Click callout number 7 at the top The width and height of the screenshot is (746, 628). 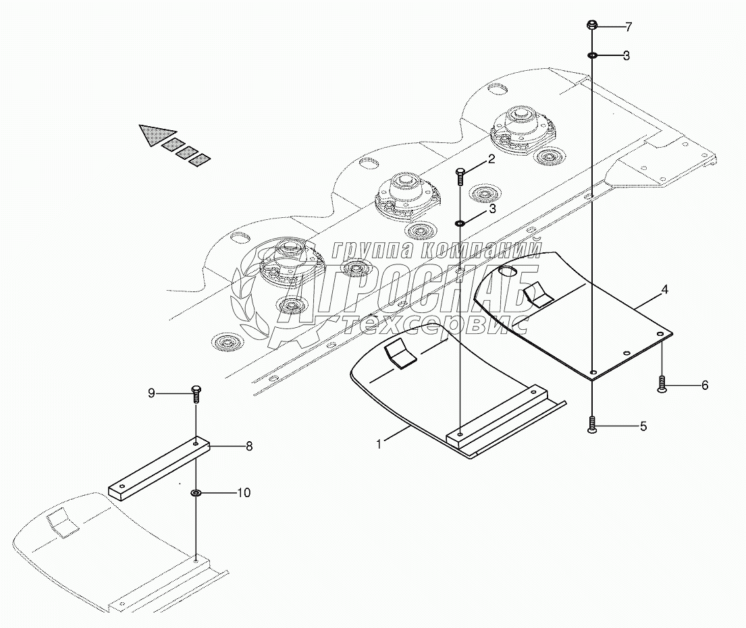(628, 28)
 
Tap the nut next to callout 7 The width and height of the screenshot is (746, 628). (591, 26)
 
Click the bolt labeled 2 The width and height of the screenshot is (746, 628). (460, 177)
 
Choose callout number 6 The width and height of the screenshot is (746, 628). (704, 385)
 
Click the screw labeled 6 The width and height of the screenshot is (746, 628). (662, 384)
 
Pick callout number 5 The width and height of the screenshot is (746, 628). (642, 426)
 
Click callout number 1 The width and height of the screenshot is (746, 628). (379, 444)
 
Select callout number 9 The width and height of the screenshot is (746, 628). (151, 392)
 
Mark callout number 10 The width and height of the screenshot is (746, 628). (243, 493)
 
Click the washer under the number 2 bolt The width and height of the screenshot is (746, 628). (460, 223)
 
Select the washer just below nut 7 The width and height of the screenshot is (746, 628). (591, 55)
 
